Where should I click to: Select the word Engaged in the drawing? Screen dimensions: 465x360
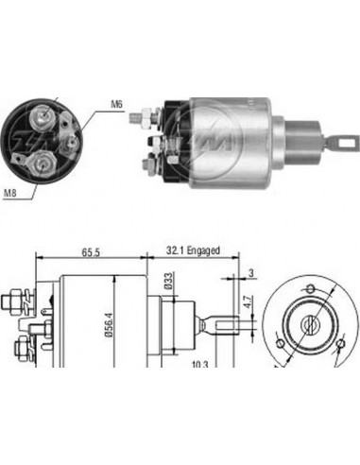coord(203,250)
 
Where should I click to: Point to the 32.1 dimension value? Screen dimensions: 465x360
coord(171,250)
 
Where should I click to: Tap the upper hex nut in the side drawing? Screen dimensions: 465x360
coord(11,304)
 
